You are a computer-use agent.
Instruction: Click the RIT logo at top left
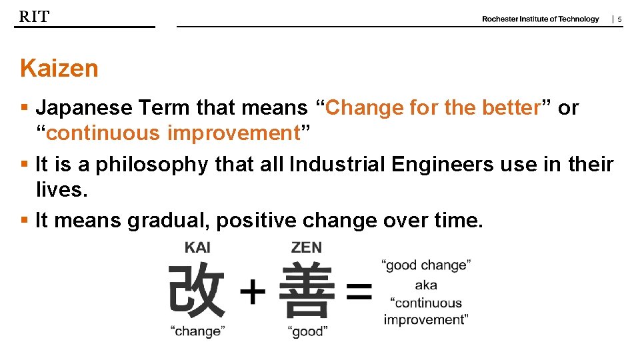tap(34, 17)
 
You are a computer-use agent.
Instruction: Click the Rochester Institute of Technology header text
tap(540, 19)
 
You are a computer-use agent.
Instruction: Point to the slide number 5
tap(619, 20)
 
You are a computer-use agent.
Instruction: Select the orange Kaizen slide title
tap(59, 69)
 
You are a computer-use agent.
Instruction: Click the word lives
tap(61, 190)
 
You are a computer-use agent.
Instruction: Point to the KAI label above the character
tap(197, 248)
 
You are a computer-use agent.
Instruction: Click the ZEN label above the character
tap(306, 248)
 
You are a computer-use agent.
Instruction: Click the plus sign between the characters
tap(252, 292)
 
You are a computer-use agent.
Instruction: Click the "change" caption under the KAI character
tap(198, 331)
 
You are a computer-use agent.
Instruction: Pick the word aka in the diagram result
tap(426, 285)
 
